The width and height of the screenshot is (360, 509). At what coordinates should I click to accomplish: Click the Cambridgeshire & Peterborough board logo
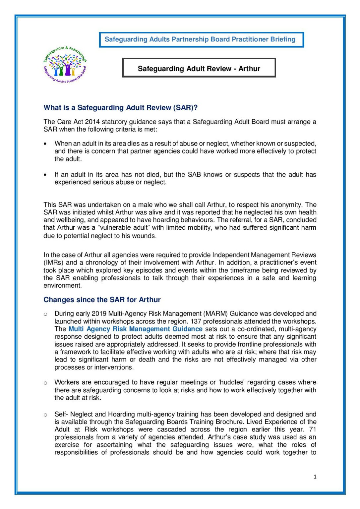tap(65, 65)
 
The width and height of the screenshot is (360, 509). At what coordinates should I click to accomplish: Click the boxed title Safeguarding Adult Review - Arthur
tap(199, 69)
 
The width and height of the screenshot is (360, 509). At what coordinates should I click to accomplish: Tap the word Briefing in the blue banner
tap(282, 39)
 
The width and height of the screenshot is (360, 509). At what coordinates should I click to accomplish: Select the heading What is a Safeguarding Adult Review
tap(120, 108)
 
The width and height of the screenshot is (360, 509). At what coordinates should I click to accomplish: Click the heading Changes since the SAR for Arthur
tap(102, 300)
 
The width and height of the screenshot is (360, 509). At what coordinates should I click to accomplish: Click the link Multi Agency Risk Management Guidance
tap(135, 329)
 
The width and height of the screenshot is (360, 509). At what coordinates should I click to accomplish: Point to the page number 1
tap(315, 477)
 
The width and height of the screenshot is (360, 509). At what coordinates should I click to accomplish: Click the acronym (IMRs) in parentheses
tap(54, 263)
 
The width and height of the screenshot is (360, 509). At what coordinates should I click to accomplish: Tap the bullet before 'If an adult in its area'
tap(45, 175)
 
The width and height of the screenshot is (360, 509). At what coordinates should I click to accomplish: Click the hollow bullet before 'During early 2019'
tap(45, 314)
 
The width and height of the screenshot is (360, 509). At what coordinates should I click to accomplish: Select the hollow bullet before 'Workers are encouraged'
tap(45, 383)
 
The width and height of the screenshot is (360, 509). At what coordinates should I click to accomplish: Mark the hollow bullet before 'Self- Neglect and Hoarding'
tap(45, 415)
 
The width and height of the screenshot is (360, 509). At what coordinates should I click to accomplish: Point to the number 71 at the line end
tap(313, 429)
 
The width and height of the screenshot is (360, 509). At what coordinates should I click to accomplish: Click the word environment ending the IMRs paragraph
tap(62, 286)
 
